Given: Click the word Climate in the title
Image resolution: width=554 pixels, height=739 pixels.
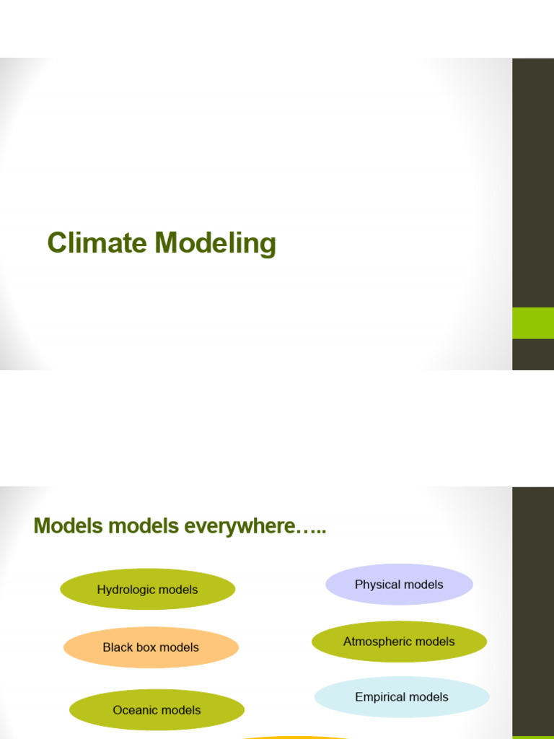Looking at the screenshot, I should click(97, 243).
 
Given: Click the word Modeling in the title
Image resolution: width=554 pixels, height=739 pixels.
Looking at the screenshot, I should click(215, 245).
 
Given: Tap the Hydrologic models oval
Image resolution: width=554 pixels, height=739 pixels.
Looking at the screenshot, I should click(147, 590).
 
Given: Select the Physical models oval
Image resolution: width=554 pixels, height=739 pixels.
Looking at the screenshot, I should click(399, 585).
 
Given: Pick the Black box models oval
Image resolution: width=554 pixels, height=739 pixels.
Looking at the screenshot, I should click(151, 647).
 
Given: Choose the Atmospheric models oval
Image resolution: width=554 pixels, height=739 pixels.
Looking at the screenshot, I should click(399, 642).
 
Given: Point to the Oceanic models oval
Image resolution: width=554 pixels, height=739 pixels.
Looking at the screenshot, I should click(157, 710).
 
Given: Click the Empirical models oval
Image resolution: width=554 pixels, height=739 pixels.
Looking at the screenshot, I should click(402, 697).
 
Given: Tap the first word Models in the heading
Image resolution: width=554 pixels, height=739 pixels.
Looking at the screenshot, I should click(69, 526).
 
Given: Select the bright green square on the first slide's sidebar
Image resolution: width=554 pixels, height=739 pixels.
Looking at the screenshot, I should click(533, 323).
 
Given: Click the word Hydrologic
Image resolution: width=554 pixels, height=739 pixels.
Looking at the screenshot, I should click(127, 590).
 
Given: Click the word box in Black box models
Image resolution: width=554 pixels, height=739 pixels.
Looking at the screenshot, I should click(146, 647).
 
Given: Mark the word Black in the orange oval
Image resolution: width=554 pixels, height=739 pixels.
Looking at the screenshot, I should click(118, 647).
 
